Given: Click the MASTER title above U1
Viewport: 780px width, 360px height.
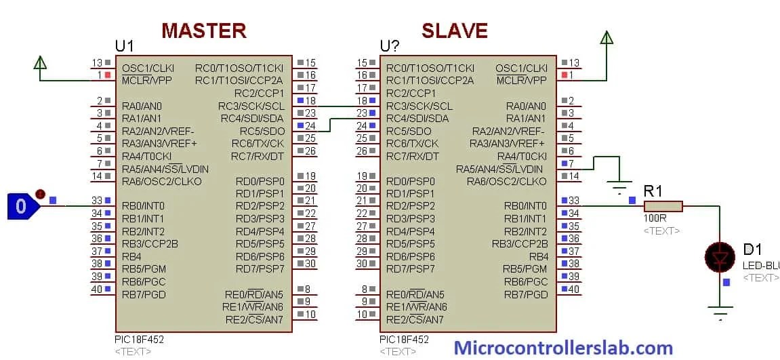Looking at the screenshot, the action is click(203, 31).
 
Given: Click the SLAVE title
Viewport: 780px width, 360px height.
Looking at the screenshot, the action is click(454, 31).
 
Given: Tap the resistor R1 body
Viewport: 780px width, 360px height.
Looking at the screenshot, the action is click(663, 205).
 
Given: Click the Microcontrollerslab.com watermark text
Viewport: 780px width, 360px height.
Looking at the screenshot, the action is click(563, 348).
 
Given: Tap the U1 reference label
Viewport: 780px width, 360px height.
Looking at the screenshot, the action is click(125, 46).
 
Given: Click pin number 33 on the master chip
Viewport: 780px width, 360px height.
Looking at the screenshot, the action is click(97, 201).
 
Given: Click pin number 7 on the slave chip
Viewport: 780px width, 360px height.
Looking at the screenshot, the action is click(571, 163).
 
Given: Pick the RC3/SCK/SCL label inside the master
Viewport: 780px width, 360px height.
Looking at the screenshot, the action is click(251, 106).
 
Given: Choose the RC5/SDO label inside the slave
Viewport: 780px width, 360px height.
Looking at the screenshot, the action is click(409, 131).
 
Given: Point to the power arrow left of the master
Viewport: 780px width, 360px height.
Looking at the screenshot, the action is click(40, 63).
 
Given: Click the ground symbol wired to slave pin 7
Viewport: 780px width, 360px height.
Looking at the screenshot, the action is click(618, 188).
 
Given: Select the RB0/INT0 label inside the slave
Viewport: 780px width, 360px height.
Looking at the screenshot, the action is click(525, 205).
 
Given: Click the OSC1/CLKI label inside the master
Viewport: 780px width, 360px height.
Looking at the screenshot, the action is click(148, 68).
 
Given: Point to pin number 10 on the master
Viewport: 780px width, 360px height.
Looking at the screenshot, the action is click(310, 314).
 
